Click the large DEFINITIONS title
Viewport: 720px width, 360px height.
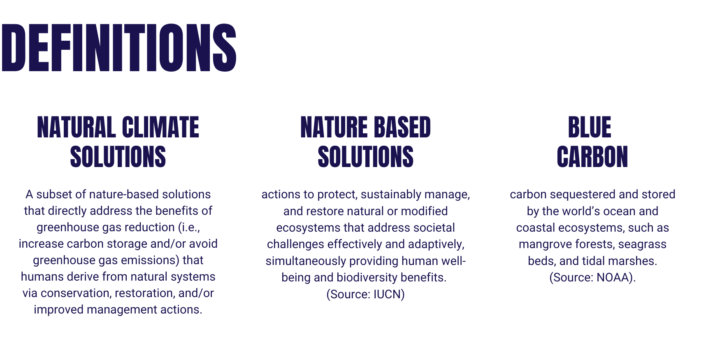119,48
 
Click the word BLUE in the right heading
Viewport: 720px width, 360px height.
590,128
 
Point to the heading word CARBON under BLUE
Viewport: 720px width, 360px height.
592,157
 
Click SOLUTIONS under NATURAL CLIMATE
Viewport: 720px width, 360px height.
118,157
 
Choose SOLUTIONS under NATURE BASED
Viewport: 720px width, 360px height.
366,157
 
